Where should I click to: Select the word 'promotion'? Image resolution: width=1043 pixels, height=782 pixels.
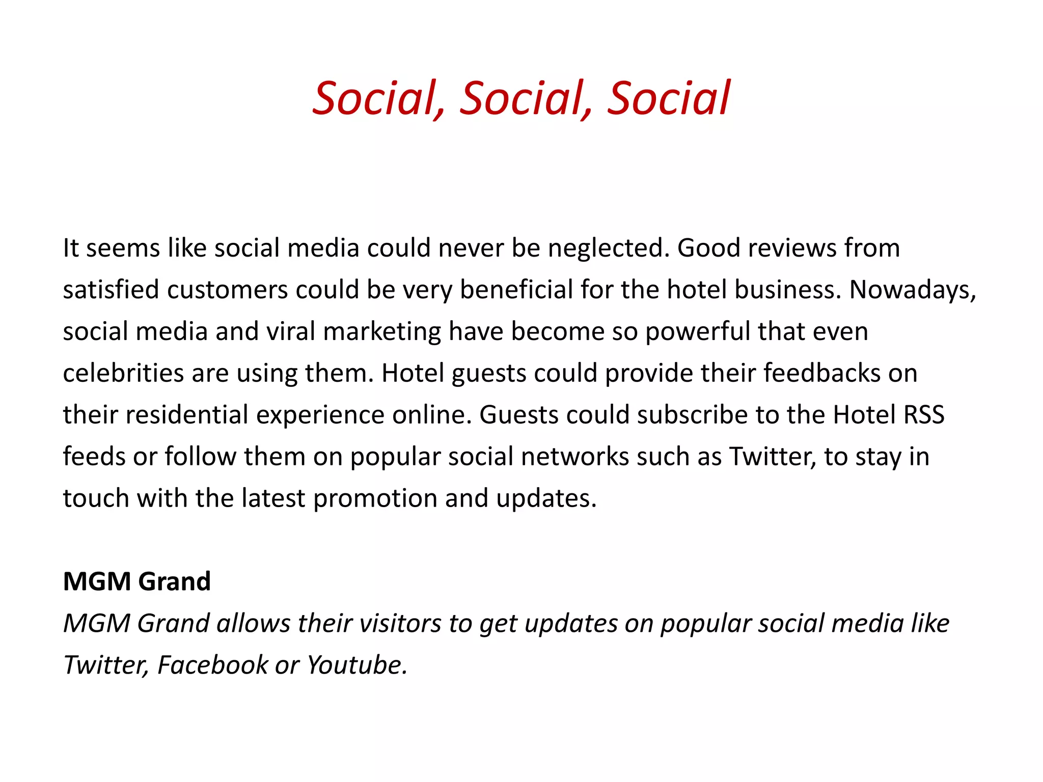pyautogui.click(x=375, y=499)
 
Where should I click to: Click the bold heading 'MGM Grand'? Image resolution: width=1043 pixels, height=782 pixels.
pyautogui.click(x=136, y=581)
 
